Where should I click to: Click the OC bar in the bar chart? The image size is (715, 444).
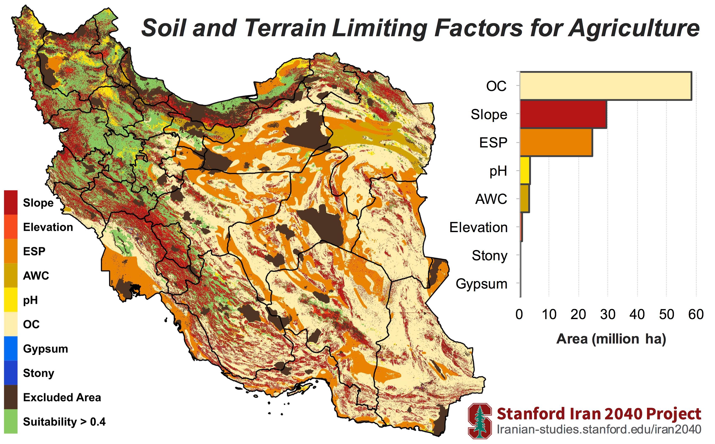point(606,86)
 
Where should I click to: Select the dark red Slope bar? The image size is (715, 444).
point(563,114)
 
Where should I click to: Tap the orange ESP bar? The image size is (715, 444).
point(556,142)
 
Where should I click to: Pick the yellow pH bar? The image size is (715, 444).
point(525,171)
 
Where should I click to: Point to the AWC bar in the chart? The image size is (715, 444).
point(524,199)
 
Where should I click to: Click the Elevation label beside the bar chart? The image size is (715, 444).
point(478,227)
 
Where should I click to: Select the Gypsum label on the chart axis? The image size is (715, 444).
point(481,284)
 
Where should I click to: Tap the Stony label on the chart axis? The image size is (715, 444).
point(490,256)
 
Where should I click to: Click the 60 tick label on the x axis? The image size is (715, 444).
point(696,314)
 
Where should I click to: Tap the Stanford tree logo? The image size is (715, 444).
point(480,421)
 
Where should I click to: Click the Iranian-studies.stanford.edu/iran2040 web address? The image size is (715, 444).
point(599,429)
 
